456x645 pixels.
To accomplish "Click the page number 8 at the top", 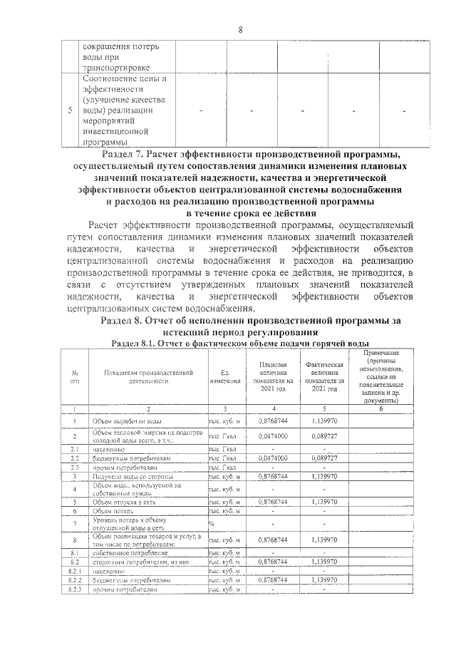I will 241,29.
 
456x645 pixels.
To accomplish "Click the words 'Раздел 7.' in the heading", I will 124,153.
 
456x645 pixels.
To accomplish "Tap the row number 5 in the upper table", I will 69,111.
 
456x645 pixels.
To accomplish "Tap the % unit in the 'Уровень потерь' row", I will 212,524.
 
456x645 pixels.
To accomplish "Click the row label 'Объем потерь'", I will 114,511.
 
